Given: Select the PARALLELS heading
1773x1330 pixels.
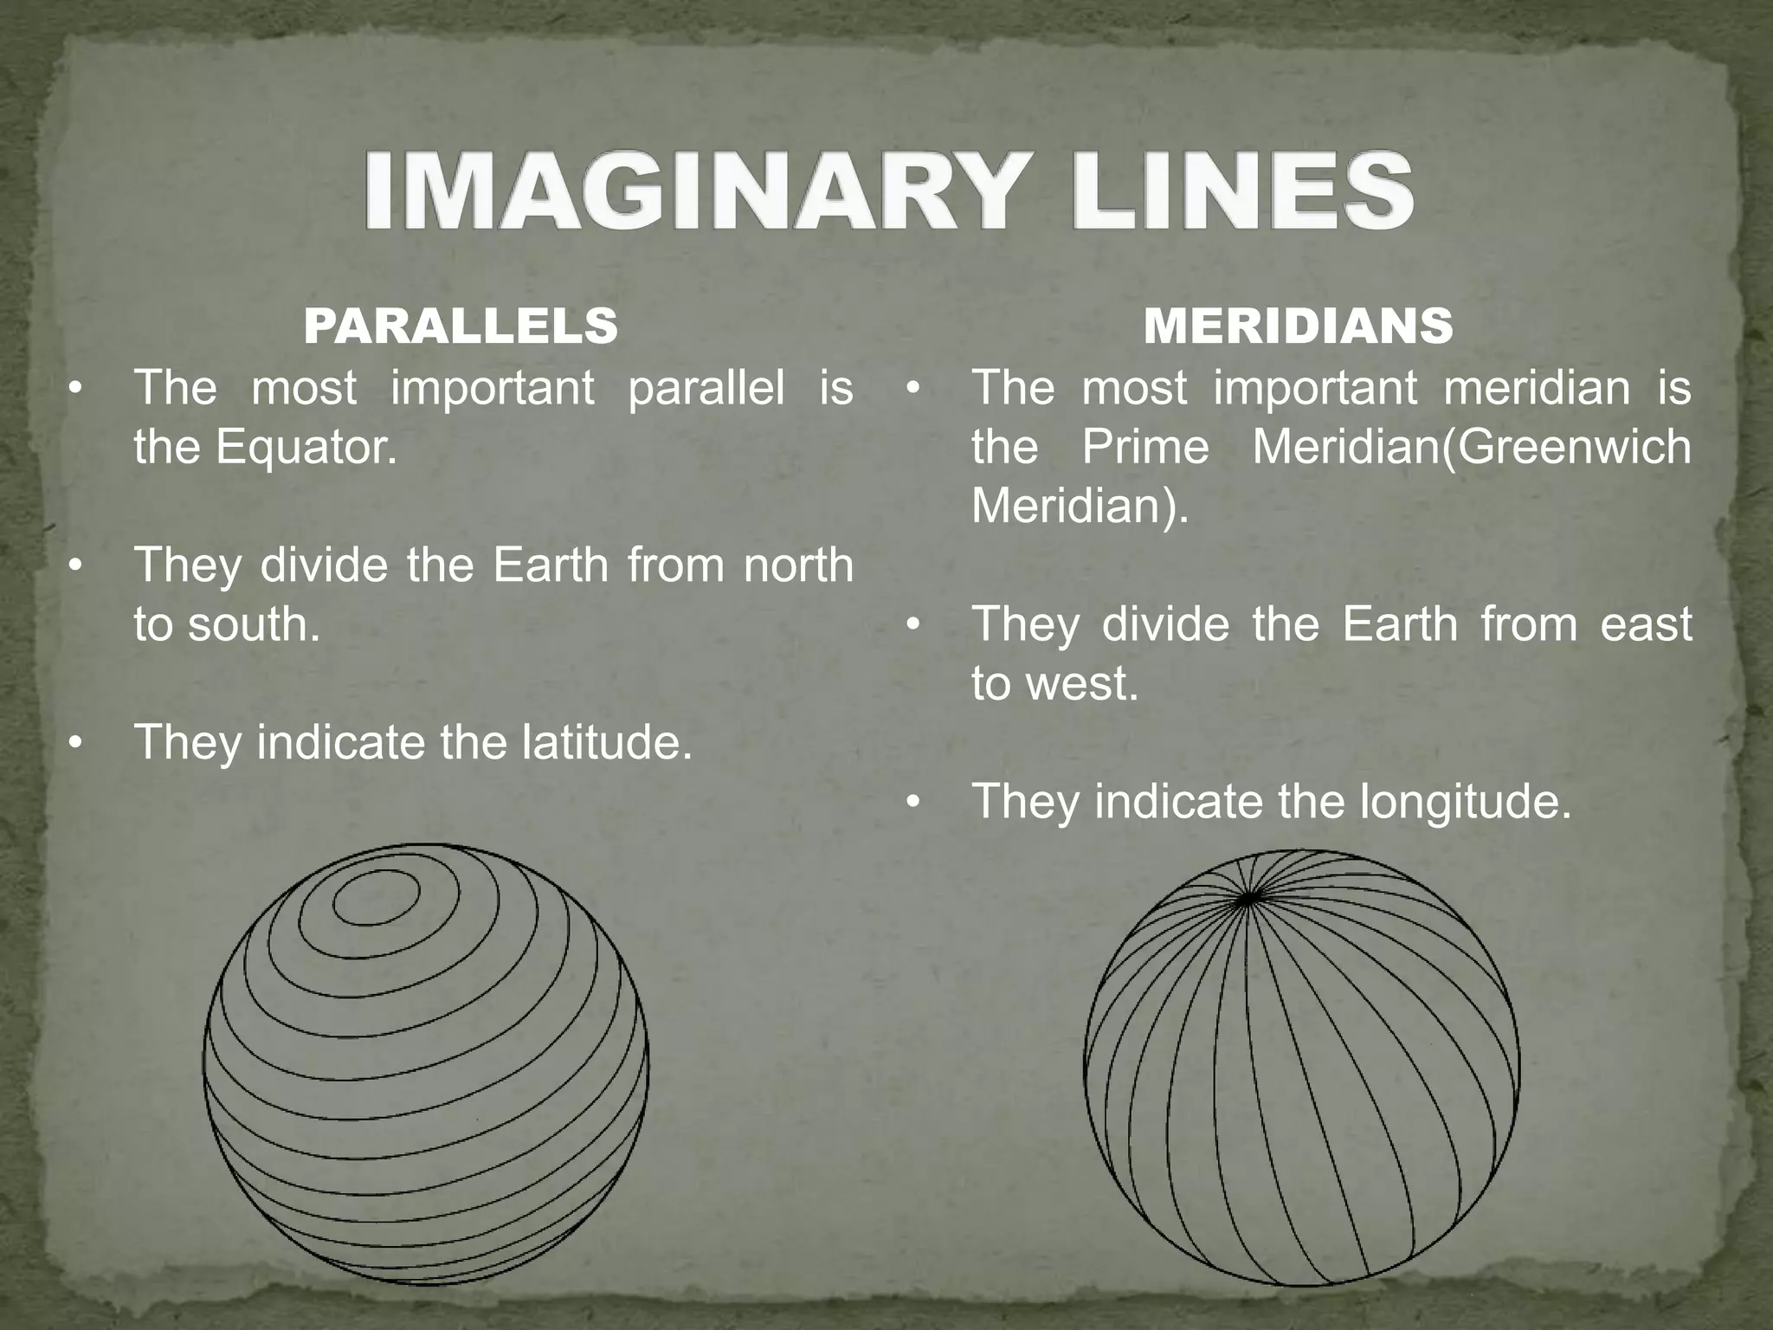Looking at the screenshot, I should [x=461, y=326].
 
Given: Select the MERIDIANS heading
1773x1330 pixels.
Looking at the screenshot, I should [x=1298, y=326].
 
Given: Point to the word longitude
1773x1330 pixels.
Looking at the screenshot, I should [x=1464, y=801].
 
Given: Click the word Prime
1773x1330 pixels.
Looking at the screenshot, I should [x=1145, y=447].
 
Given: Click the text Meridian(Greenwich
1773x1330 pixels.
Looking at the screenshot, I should [x=1471, y=447].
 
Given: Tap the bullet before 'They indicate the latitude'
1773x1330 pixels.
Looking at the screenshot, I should [x=76, y=743].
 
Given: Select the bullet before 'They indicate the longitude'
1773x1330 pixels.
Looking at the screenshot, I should [x=913, y=802].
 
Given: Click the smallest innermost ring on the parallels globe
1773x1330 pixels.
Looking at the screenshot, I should [x=377, y=897].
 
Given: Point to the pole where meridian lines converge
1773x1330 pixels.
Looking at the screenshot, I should [x=1248, y=900].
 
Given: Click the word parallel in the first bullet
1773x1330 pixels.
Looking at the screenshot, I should [x=706, y=388].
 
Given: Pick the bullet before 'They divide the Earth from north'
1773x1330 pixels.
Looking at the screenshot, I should [x=76, y=566].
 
